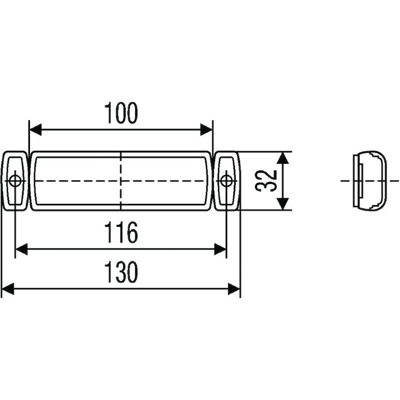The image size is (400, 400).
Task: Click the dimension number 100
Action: [120, 113]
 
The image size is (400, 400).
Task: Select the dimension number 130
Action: [120, 273]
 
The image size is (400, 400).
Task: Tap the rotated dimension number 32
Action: [266, 180]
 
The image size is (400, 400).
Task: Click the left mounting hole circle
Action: [15, 180]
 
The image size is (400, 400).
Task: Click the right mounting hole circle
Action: [226, 180]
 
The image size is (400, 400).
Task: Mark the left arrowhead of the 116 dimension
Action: [21, 249]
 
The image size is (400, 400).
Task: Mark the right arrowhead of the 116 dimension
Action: [220, 249]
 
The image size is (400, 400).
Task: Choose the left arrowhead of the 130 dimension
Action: [8, 288]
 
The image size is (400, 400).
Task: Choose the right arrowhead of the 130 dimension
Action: [234, 288]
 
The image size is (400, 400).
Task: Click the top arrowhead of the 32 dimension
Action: [282, 157]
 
